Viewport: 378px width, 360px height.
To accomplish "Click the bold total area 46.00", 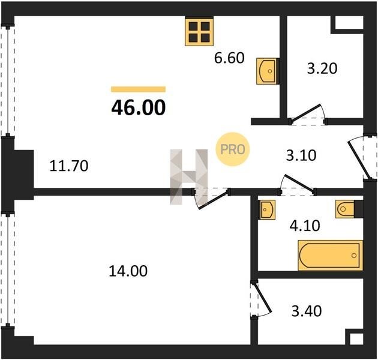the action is (x=139, y=108).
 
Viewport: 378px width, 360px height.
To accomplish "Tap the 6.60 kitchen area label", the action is (x=229, y=58).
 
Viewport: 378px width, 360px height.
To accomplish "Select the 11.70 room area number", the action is (x=69, y=166).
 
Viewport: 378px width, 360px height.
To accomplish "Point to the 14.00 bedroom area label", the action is (x=128, y=271).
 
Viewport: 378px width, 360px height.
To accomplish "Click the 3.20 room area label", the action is (x=322, y=68).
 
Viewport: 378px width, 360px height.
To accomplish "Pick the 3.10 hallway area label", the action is (x=301, y=155).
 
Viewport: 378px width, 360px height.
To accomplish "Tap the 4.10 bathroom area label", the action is (x=305, y=226).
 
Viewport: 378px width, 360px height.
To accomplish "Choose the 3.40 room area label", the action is (x=307, y=311).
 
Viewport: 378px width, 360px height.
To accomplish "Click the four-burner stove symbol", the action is (x=199, y=32).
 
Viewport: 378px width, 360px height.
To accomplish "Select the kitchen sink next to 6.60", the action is (x=267, y=71).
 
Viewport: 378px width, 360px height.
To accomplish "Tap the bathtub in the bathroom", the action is (x=330, y=256).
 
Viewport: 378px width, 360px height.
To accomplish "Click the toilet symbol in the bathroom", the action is (x=346, y=209).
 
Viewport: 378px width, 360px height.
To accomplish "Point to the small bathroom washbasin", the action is (x=267, y=210).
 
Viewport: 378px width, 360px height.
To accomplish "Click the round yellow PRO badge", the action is (x=233, y=149).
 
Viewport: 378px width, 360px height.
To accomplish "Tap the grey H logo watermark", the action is (x=189, y=177).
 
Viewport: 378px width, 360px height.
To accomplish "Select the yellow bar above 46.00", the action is (x=139, y=89).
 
